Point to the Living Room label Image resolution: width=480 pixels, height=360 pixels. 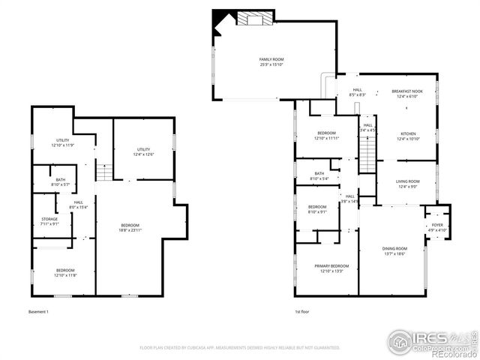407,184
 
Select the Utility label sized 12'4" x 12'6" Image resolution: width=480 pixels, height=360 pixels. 143,151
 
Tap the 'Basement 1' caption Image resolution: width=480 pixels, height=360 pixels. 38,311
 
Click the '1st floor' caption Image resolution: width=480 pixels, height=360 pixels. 302,311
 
